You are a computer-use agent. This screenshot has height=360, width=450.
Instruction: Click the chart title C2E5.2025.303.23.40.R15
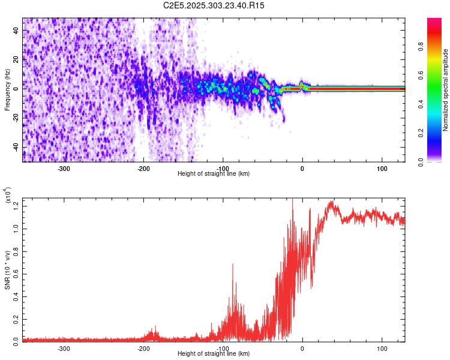click(214, 5)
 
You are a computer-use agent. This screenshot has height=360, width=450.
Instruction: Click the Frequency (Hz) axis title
click(7, 89)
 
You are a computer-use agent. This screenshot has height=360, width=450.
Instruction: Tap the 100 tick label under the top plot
click(382, 168)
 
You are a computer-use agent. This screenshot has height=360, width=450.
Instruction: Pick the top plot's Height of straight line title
click(214, 173)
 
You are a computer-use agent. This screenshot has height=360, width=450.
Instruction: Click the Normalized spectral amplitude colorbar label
click(445, 90)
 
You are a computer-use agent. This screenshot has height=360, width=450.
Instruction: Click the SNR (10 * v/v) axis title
click(7, 269)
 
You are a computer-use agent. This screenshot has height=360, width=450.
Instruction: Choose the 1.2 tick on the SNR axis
click(16, 205)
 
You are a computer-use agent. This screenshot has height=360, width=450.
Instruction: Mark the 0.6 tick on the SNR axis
click(16, 273)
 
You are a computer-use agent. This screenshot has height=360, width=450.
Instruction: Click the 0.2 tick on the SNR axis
click(16, 318)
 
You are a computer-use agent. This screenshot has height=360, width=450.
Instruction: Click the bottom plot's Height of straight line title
click(214, 354)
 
